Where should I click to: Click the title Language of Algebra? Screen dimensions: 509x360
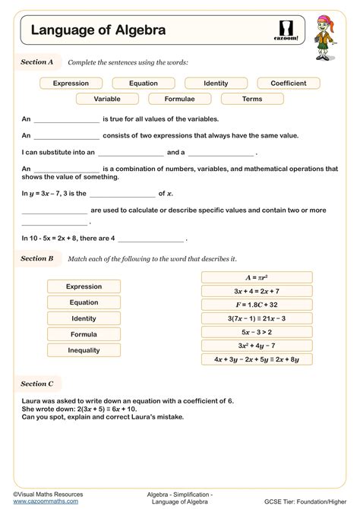98,30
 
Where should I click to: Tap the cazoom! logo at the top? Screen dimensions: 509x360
286,30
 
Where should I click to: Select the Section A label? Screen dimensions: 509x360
37,62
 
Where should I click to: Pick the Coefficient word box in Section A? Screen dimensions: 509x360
288,84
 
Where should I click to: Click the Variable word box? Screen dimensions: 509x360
107,99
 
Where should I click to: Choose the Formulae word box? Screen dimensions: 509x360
180,99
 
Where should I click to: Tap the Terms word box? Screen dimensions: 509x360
252,99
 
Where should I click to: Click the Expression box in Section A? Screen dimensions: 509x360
71,84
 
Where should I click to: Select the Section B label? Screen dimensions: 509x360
37,259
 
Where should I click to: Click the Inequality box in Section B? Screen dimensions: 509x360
84,350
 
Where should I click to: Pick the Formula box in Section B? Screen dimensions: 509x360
84,334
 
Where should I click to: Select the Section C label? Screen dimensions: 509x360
37,384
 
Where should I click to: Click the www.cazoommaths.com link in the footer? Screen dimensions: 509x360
46,501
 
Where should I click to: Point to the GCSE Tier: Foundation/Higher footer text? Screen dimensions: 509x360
312,501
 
